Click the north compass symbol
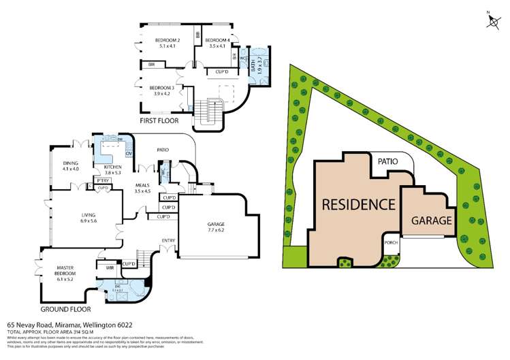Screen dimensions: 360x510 click(492, 21)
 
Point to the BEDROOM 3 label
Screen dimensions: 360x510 click(162, 91)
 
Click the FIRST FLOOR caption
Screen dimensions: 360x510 click(159, 120)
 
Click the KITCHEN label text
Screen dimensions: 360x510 click(112, 170)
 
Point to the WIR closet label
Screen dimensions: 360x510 click(110, 268)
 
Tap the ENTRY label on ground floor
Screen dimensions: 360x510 click(168, 240)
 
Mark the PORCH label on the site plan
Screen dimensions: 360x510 click(391, 242)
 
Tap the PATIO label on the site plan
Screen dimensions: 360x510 click(388, 161)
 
